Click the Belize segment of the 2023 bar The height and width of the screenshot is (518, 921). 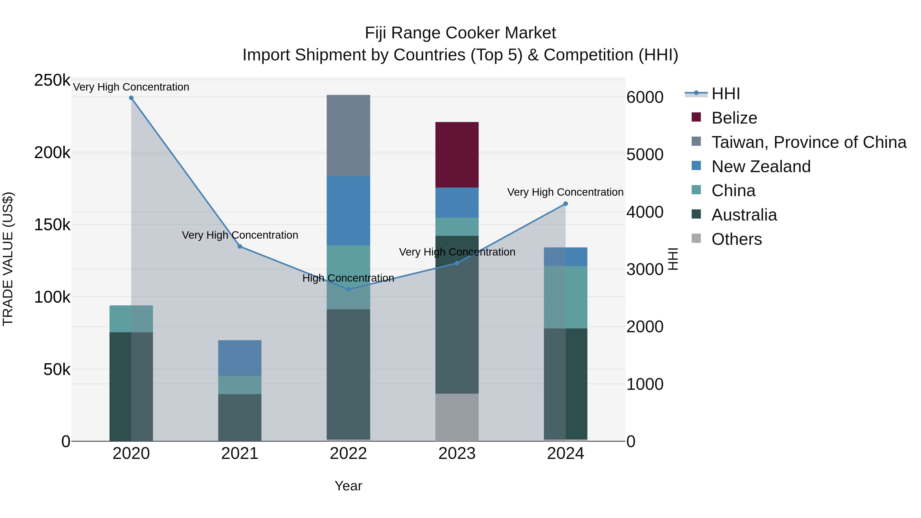[x=457, y=155]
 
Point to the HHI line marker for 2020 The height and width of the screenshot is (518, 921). [x=131, y=98]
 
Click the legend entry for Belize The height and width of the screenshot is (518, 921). [x=734, y=118]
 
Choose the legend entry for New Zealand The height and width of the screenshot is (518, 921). [x=761, y=167]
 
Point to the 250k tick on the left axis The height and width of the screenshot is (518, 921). [x=52, y=80]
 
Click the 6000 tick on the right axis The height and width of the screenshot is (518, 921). [x=645, y=97]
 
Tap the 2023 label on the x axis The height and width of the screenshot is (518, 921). [x=457, y=454]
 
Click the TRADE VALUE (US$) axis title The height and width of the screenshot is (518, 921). [x=8, y=259]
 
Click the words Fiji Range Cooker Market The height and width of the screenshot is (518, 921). [x=460, y=33]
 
